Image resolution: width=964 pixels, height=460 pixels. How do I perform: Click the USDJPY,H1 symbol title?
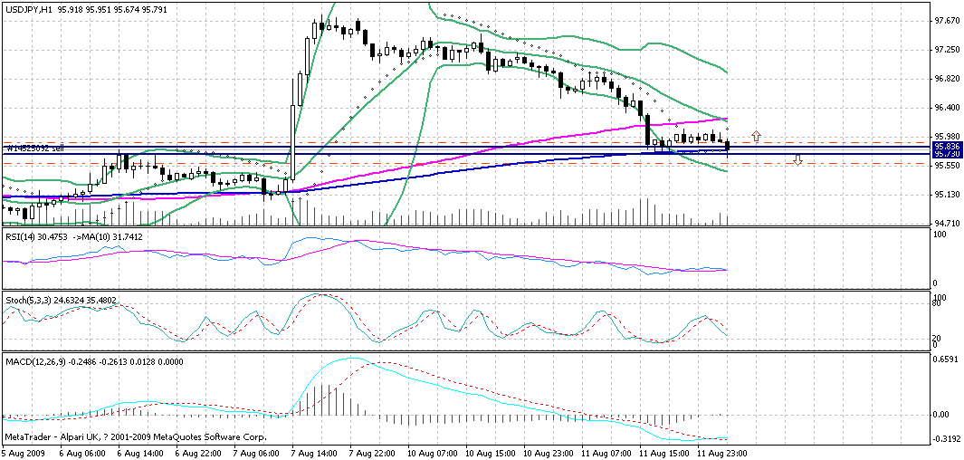point(27,10)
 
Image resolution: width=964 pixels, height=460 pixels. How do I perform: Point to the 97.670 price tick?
point(946,20)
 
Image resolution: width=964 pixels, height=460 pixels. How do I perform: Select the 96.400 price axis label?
point(946,108)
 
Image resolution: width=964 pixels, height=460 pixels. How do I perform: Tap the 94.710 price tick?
point(946,224)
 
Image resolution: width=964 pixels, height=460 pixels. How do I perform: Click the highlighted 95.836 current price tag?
point(947,145)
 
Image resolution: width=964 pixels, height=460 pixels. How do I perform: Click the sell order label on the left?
point(34,148)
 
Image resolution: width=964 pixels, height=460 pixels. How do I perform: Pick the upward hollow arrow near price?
point(756,136)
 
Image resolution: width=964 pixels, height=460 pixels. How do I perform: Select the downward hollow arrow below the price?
point(797,160)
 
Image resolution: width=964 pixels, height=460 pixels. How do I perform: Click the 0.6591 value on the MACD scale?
point(946,359)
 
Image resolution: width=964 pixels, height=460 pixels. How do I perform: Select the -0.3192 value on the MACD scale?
point(946,438)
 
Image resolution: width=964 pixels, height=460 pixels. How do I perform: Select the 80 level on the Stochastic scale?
point(939,305)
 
